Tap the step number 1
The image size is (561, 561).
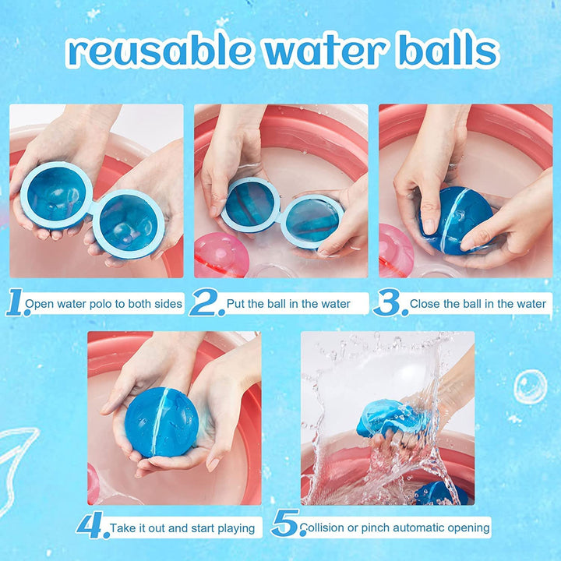[16, 303]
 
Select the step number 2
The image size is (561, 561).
[206, 303]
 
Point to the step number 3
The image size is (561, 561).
[390, 303]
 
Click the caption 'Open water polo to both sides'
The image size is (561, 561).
[105, 304]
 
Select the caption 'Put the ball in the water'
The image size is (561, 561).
[288, 304]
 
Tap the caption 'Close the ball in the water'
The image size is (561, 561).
[478, 304]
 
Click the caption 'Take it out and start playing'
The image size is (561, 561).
[182, 527]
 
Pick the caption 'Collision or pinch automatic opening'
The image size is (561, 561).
[394, 527]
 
